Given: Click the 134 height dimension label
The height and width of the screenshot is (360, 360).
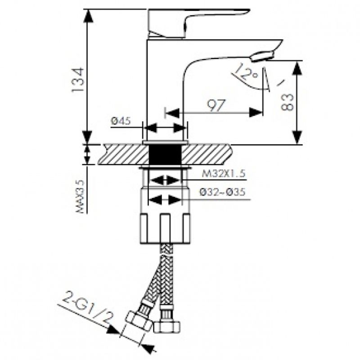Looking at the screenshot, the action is (77, 80).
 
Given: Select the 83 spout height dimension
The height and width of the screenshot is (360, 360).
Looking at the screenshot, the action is (287, 102).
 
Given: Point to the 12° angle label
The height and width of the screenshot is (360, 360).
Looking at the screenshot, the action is (246, 72).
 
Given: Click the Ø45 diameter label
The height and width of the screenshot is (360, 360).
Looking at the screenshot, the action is (121, 121).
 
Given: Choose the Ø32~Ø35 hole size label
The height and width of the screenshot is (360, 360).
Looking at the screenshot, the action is (222, 192).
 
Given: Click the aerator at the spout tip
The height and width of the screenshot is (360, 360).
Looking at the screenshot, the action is (263, 56).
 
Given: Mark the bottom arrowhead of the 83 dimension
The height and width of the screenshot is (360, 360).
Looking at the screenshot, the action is (297, 137).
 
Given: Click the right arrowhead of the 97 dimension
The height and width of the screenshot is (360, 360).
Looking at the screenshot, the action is (256, 112).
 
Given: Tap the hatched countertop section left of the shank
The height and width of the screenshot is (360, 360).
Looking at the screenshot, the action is (124, 154).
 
